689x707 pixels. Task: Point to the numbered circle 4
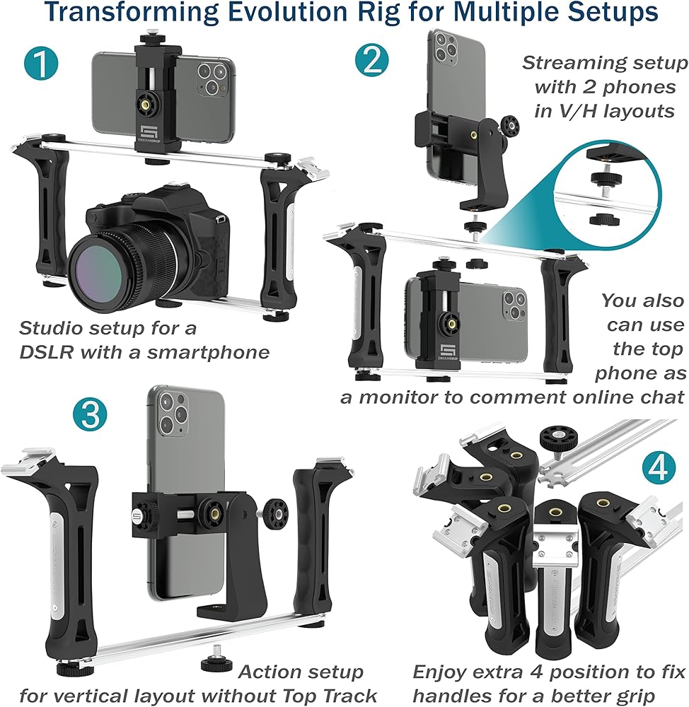pyautogui.click(x=657, y=469)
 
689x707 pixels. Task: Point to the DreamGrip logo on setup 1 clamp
pyautogui.click(x=148, y=134)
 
